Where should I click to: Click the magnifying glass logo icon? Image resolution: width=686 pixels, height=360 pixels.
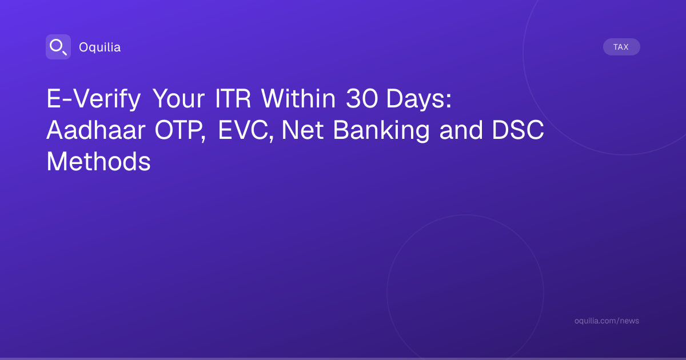[x=58, y=47]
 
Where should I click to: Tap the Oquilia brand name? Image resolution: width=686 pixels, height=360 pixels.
[x=100, y=47]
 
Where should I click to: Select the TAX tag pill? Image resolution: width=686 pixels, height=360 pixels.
[x=621, y=47]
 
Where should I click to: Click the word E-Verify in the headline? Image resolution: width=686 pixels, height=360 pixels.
[x=93, y=99]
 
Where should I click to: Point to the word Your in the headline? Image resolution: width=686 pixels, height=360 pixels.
[x=178, y=99]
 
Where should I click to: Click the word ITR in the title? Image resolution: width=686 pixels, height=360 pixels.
[x=233, y=98]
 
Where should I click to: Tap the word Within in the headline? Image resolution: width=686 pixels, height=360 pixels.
[x=298, y=98]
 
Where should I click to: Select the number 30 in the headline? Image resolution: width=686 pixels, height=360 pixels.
[x=362, y=98]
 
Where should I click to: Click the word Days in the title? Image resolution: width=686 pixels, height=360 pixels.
[x=415, y=99]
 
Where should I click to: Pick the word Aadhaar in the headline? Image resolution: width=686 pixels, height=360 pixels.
[x=96, y=130]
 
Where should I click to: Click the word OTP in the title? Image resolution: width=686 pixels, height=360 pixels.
[x=177, y=130]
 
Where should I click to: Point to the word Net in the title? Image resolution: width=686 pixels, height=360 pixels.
[x=302, y=130]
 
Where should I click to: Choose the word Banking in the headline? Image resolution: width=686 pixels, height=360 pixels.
[x=381, y=131]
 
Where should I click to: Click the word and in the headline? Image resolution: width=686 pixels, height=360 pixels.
[x=461, y=130]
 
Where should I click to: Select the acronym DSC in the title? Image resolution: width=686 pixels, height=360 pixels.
[x=518, y=130]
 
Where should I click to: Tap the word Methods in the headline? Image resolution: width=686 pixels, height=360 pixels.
[x=98, y=161]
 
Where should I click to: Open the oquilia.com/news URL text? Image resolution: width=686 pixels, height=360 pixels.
[x=607, y=321]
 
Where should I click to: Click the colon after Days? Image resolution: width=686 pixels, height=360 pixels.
[x=449, y=101]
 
